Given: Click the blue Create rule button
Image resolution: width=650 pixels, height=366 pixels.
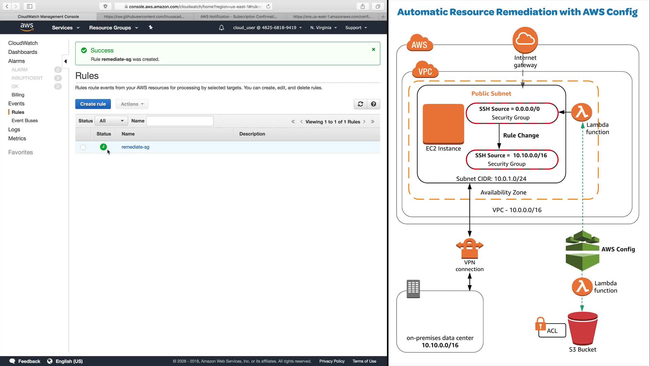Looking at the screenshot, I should (93, 104).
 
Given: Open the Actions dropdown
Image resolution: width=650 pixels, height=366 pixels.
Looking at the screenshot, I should (132, 104).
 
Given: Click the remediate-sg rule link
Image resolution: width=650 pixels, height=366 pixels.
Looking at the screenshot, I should (135, 147).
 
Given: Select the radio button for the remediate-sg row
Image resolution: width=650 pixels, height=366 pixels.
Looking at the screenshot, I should (83, 147).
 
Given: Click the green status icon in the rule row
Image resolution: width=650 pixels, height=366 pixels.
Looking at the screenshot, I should (103, 147).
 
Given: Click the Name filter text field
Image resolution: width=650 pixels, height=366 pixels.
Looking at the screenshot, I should (180, 121).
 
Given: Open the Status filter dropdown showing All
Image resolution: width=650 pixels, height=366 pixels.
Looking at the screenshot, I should (111, 121).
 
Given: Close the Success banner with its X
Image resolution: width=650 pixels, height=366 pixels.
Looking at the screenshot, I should (373, 49).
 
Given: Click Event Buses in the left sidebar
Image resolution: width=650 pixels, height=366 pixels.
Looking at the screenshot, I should (24, 121).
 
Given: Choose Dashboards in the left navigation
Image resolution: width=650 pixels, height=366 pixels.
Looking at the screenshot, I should (23, 52).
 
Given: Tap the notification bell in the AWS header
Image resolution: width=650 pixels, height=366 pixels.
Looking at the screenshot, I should (221, 28).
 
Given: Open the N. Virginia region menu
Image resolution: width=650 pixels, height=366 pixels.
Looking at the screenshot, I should (323, 28).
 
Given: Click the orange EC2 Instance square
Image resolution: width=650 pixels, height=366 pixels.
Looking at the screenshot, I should (443, 124).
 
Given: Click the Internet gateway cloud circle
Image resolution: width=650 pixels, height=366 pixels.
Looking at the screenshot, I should (525, 40).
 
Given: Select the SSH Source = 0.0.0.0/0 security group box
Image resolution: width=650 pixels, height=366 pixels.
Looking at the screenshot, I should (512, 113).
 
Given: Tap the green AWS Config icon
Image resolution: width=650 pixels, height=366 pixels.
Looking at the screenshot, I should (582, 251).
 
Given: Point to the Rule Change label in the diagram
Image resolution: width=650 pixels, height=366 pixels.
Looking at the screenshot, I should (521, 136).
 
